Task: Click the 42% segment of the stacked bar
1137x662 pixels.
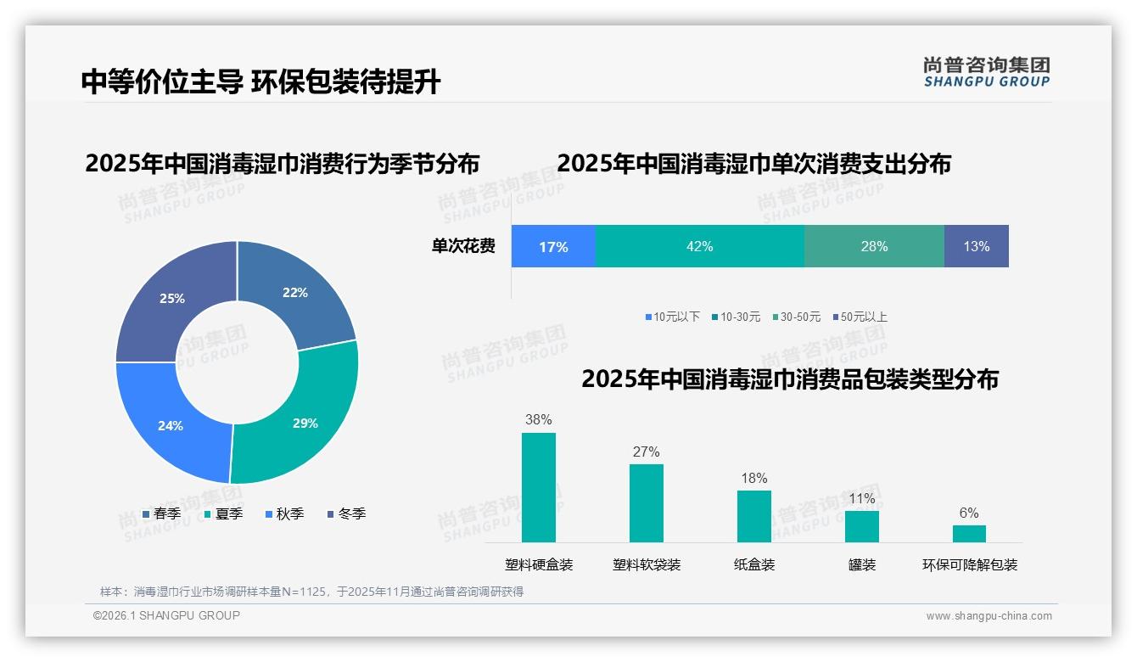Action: [x=699, y=246]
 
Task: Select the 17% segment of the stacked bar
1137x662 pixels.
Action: [x=553, y=246]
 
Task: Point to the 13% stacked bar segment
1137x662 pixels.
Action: [x=976, y=246]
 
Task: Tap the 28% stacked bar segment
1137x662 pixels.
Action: [x=874, y=246]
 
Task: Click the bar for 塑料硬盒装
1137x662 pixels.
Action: [x=539, y=487]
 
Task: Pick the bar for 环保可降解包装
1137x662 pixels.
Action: [x=969, y=533]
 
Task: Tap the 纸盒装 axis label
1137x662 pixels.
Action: [x=754, y=565]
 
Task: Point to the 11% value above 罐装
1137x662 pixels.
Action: [x=862, y=499]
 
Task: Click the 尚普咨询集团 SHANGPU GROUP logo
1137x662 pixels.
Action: [x=987, y=71]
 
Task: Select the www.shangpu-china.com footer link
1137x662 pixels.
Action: [x=989, y=616]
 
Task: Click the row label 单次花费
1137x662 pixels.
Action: [x=463, y=247]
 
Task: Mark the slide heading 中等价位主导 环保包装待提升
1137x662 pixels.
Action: [x=261, y=81]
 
